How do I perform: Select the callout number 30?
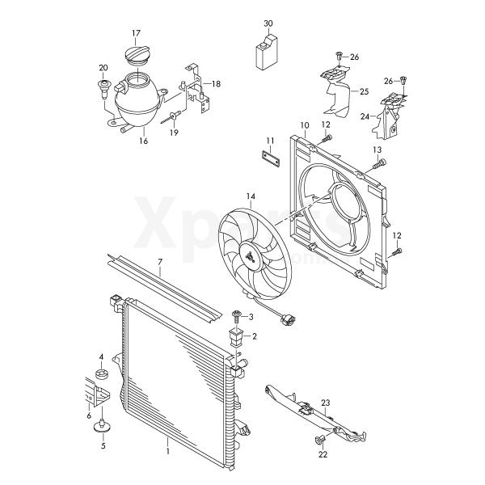pos(268,23)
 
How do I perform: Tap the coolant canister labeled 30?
pos(267,52)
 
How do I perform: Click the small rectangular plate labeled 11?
pos(270,159)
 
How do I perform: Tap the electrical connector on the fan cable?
pos(287,319)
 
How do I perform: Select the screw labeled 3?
pos(237,317)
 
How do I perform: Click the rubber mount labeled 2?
pos(236,338)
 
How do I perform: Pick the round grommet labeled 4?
pos(101,375)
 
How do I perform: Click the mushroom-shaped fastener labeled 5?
pos(102,426)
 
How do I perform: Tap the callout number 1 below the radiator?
pos(167,451)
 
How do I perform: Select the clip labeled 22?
pos(319,440)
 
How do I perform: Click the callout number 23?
pos(326,403)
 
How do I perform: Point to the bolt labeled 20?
pos(104,88)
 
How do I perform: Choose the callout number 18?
pos(216,83)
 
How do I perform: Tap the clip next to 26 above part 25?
pos(339,57)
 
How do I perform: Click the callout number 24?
pos(365,116)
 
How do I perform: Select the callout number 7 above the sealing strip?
pos(160,262)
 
